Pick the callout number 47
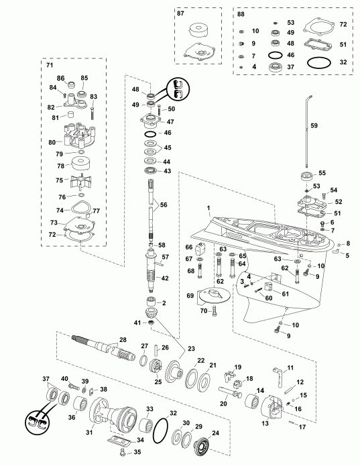(170, 122)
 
